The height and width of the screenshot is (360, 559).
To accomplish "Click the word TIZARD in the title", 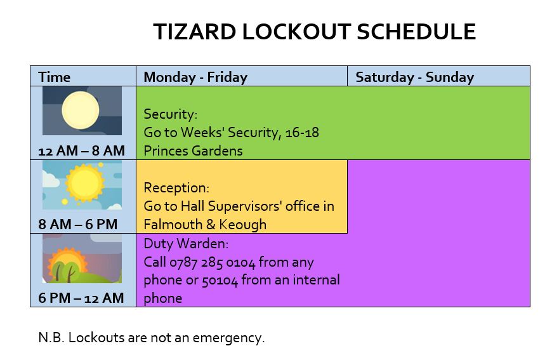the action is coord(195,31).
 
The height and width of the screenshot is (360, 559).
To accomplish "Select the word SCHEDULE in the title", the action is coord(416,31).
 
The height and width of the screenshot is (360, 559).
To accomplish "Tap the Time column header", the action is coord(54,77).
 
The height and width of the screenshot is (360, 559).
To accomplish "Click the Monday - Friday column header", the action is coord(195,77).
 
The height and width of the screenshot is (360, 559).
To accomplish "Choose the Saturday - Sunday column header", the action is coord(414,77).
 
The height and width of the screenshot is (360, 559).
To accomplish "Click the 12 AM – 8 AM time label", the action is coord(82,150).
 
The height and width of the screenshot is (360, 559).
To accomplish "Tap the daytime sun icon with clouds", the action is coord(82,185).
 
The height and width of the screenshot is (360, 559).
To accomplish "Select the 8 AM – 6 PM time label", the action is coord(78,224).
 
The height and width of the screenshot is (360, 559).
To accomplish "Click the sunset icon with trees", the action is coord(82,258).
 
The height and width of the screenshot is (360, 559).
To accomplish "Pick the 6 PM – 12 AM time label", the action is coord(81,298).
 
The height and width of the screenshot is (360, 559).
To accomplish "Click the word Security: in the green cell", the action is coord(171,114).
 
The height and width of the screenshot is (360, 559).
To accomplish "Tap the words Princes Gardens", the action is coord(193,151).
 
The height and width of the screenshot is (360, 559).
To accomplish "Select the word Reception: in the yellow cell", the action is coord(176,188).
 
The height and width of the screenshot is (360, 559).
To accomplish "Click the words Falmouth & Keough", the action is coord(205,225).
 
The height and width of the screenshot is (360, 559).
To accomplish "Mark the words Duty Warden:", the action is coord(186,244).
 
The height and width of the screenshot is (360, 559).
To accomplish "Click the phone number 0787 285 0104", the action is coord(213,262).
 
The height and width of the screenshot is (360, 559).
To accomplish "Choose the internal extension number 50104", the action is coord(220,281).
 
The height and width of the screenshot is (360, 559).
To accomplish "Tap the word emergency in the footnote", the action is coord(228,338).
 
